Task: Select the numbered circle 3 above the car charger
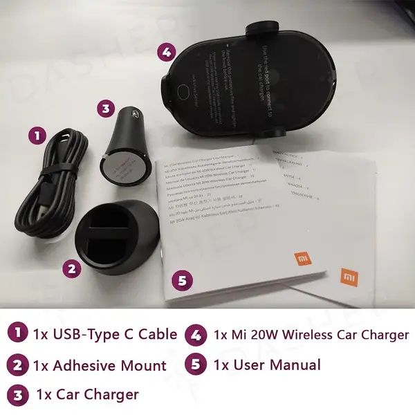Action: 105,108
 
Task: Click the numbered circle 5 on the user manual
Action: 181,280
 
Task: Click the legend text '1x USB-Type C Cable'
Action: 104,334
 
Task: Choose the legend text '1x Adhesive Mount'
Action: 100,365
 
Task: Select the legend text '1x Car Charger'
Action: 87,394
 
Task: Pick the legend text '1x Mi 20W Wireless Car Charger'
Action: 311,335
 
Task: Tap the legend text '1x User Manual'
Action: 267,365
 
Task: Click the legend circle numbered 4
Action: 196,335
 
